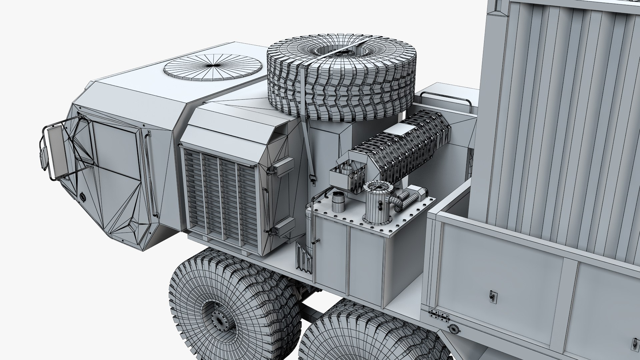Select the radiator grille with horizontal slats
[x=220, y=197]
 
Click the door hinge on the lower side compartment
[x=438, y=317]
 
